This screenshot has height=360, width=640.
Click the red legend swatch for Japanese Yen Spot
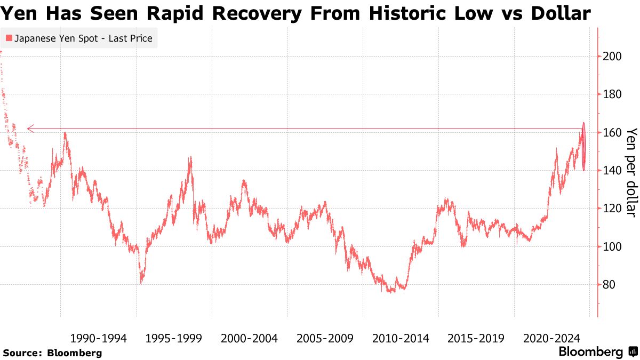pos(9,38)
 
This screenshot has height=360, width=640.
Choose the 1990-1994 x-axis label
pos(98,338)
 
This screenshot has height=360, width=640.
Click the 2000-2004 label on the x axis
pos(249,338)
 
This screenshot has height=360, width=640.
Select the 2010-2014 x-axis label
pos(401,338)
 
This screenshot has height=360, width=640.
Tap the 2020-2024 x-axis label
pos(551,338)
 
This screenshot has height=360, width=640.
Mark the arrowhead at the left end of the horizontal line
pos(30,129)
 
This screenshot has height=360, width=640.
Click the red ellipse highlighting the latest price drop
pos(584,147)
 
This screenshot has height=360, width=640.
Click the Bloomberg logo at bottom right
pos(597,352)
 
